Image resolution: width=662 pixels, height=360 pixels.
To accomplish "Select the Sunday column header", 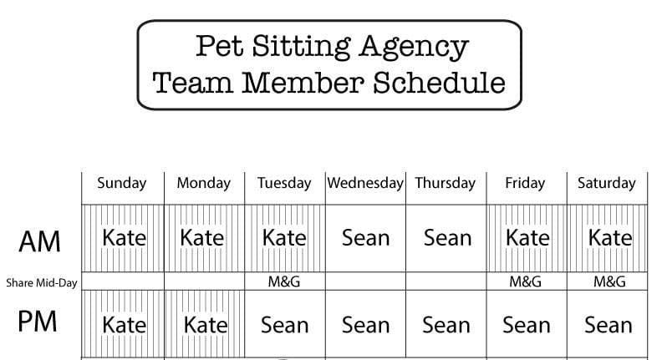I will click(x=121, y=183).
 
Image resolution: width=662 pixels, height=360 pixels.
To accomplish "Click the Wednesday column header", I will click(x=365, y=183).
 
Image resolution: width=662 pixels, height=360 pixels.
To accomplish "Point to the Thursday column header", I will click(x=445, y=183).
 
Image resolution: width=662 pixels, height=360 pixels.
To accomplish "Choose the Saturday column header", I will click(x=607, y=183).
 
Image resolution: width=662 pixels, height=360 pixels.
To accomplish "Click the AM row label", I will click(x=39, y=241).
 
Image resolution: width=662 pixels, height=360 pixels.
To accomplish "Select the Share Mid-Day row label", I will click(x=42, y=282).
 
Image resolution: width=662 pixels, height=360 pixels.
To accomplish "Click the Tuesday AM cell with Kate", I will click(x=284, y=238).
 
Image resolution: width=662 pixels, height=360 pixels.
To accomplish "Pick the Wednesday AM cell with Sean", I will click(x=365, y=238).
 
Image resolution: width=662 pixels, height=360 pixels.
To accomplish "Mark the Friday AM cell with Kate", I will click(x=527, y=238).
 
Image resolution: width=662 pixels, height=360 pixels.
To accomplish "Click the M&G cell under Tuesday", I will click(x=284, y=282).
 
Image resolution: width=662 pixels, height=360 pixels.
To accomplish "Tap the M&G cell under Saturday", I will click(x=609, y=282).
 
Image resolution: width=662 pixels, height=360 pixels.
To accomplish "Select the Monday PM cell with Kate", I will click(x=205, y=324).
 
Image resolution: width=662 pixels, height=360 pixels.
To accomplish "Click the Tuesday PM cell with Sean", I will click(x=284, y=324).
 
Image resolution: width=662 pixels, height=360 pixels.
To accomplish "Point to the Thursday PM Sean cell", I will click(x=446, y=324).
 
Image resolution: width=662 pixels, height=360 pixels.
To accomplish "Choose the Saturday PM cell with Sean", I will click(x=608, y=324).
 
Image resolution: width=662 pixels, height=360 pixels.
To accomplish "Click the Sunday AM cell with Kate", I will click(x=124, y=238).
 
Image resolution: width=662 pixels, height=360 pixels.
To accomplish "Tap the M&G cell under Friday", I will click(x=526, y=282).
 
